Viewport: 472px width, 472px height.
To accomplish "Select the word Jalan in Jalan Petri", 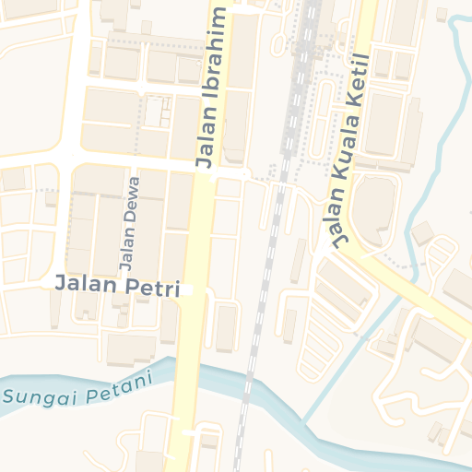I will point(86,283).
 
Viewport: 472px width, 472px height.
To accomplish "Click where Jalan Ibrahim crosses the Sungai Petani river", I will point(185,370).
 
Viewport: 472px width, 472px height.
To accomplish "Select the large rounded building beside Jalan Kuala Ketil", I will point(372,211).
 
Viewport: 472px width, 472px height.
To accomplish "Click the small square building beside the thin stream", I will point(422,233).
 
